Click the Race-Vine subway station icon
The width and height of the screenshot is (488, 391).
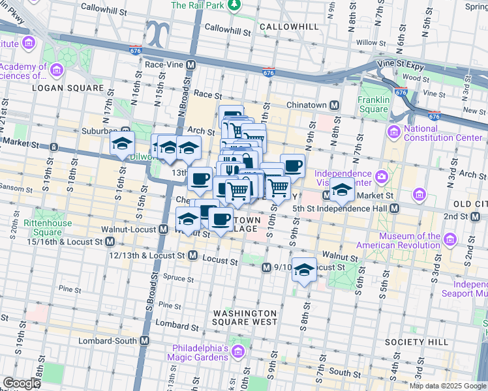coord(191,65)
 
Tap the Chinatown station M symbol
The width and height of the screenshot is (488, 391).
coord(334,105)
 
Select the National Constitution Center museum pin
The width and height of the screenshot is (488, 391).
coord(393,133)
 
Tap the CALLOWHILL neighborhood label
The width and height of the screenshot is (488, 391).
coord(288,27)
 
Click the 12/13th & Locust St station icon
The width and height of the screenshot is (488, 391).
coord(192,256)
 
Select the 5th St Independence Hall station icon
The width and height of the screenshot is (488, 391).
coord(394,209)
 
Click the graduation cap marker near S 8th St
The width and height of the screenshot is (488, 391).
coord(304,269)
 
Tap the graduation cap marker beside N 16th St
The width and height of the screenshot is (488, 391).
coord(121,144)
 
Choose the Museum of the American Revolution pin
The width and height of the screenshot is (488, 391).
coord(449,240)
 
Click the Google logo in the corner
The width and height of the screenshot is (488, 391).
coord(22,383)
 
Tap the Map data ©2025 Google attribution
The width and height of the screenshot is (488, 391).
coord(448,386)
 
